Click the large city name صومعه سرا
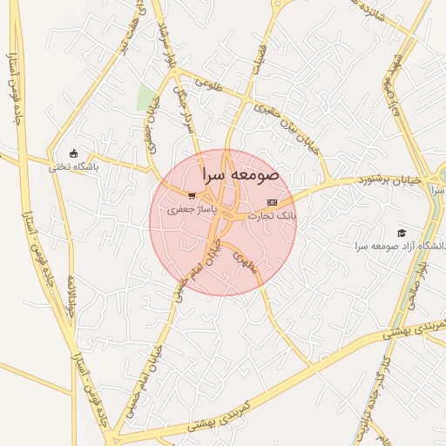tap(240, 174)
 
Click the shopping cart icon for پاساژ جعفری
tap(191, 196)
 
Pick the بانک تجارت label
tap(272, 214)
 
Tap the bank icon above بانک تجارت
tap(272, 202)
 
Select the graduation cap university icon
tap(402, 233)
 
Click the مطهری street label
tap(247, 265)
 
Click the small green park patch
tap(145, 98)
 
